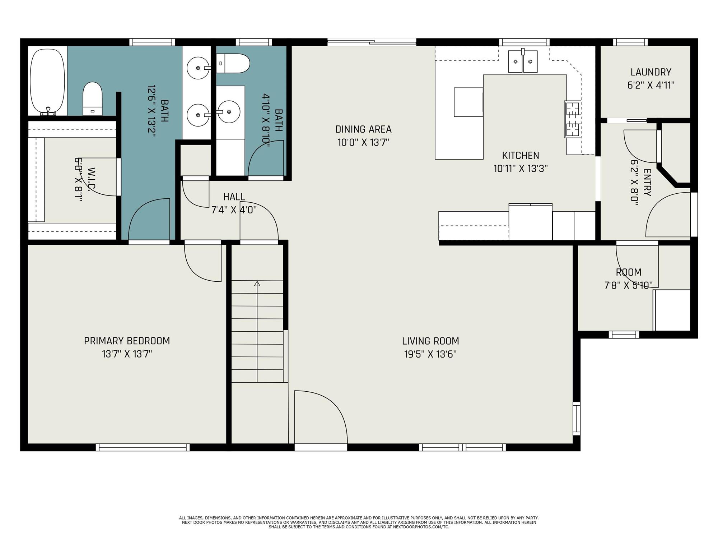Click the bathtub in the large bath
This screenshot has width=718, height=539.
point(47,82)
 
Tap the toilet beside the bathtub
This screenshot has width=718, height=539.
point(93,99)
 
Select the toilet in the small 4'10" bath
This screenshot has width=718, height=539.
point(233,63)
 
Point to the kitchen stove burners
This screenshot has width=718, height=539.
point(572,119)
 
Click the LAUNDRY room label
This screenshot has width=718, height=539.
point(651,72)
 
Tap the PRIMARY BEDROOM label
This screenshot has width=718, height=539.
point(127,341)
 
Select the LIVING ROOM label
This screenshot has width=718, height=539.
point(430,341)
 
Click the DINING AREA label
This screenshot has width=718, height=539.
point(363,129)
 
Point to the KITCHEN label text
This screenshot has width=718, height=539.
point(521,155)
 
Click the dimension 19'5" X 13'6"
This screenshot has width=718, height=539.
point(430,354)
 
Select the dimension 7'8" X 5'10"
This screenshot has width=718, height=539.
point(629,285)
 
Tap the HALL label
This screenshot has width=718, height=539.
point(234,197)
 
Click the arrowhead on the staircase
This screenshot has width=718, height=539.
point(257,284)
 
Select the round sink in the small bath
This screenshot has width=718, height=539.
point(229,112)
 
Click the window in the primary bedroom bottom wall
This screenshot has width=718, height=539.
point(143,447)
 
